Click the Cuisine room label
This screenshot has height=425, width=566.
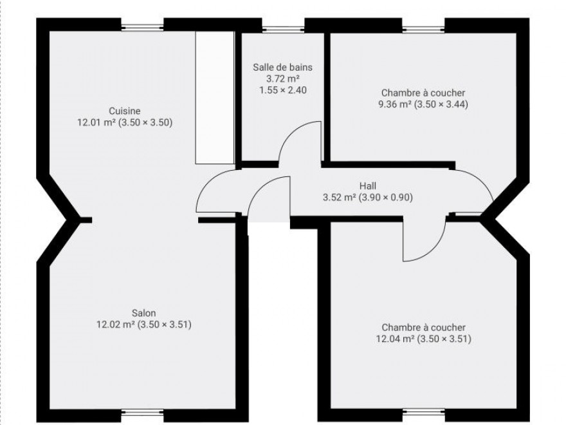(125, 111)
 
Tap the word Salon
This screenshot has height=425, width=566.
(143, 313)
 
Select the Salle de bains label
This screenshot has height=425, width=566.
(282, 67)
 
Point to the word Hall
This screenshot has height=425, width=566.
(368, 186)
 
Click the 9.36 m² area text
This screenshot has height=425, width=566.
(395, 104)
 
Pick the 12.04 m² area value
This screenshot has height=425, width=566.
(396, 339)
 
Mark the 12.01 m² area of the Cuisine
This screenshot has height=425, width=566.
(96, 122)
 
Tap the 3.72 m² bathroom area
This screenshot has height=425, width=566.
(283, 79)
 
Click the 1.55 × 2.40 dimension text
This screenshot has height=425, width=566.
(283, 90)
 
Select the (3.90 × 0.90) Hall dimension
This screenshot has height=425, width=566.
(386, 198)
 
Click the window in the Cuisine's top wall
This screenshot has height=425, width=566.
(142, 26)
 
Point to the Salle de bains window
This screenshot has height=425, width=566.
(284, 27)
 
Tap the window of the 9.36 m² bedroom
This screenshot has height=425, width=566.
(424, 27)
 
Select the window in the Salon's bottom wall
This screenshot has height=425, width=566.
(142, 412)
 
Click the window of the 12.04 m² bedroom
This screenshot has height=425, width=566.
(424, 412)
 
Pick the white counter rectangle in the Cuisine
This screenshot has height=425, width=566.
(215, 98)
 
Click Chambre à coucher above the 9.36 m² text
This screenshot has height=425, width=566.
(423, 93)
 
